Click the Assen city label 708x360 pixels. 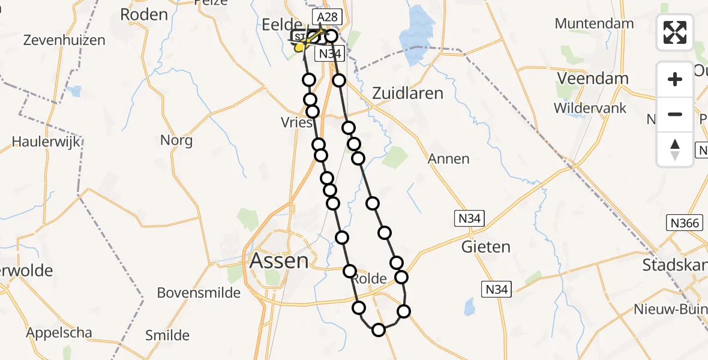[x=279, y=261]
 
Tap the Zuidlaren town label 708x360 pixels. [x=407, y=93]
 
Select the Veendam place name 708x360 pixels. [x=593, y=78]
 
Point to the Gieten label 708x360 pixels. [x=485, y=246]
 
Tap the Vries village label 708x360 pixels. [x=297, y=122]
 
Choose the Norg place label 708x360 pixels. [x=176, y=140]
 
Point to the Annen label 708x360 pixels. [x=449, y=159]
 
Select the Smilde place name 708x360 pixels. [x=167, y=335]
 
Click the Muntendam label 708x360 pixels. [x=594, y=24]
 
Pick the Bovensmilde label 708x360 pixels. [x=199, y=293]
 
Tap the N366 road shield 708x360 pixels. [x=684, y=223]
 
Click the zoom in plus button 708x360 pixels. [x=675, y=79]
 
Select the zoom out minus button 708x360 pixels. [x=675, y=114]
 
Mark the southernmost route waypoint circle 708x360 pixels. [x=379, y=329]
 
